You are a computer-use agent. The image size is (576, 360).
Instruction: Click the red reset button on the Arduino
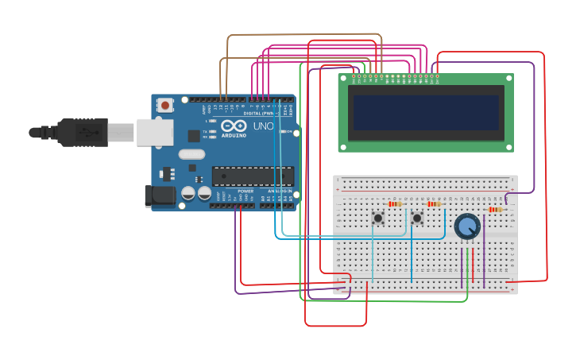coord(165,105)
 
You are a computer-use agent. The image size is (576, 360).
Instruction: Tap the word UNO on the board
coord(263,126)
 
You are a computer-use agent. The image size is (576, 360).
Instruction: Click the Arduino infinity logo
coord(234,126)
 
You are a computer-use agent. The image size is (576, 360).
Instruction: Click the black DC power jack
coord(159,195)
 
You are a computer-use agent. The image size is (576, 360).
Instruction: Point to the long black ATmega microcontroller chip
coord(253,176)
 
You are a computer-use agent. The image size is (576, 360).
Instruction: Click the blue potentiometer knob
coord(467,226)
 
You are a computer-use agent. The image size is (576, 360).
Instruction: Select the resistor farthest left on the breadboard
coord(395,204)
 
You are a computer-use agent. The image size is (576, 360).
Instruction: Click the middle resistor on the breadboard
coord(434,204)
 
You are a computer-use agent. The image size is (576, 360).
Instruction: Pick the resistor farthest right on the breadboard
coord(496,210)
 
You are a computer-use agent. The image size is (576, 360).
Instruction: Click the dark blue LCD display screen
coord(427,113)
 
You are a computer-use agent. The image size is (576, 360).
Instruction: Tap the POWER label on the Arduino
coord(246,192)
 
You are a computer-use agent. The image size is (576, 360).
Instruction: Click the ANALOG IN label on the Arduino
coord(279,192)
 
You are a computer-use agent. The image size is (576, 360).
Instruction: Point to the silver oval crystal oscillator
coord(191,154)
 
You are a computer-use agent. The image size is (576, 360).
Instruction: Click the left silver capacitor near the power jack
coord(188,193)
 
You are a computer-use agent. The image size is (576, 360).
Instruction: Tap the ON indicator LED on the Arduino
coord(290,131)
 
